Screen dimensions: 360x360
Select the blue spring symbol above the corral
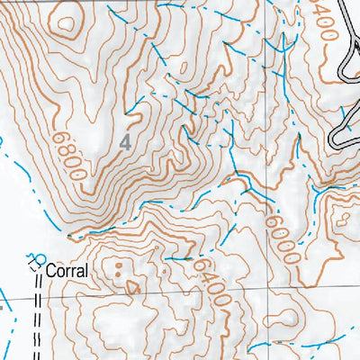[35, 257]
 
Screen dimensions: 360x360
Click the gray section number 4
[125, 141]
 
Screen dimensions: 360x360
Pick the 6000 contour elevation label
[281, 237]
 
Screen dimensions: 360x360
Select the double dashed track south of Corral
[39, 315]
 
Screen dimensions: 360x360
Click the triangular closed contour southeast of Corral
[133, 288]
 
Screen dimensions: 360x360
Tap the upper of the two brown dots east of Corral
[119, 267]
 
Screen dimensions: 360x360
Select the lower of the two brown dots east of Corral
[120, 276]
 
